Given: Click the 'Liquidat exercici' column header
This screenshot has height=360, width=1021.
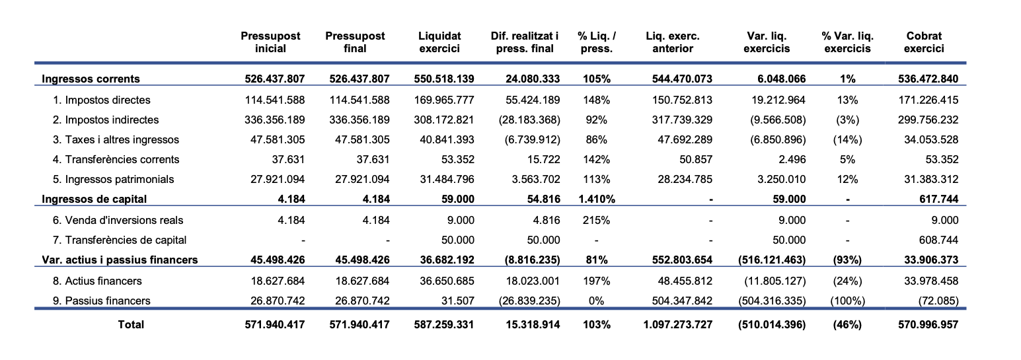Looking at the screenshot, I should [x=439, y=42].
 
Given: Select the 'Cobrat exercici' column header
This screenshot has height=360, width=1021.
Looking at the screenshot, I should [x=924, y=42].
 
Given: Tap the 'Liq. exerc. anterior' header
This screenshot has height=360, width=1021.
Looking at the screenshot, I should [x=672, y=42].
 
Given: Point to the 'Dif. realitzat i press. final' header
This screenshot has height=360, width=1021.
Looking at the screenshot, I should [x=525, y=42].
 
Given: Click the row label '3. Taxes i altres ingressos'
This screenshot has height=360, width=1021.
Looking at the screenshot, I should [x=116, y=139].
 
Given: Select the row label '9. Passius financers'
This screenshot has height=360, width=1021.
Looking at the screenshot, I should [x=101, y=301].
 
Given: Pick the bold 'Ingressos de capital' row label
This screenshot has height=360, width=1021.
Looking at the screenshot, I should [x=94, y=199].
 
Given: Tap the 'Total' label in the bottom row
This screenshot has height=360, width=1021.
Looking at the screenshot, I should [x=130, y=324].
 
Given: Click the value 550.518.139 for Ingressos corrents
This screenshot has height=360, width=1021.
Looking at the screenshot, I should [x=444, y=79].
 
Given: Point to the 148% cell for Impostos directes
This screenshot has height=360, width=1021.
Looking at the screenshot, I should [x=596, y=100].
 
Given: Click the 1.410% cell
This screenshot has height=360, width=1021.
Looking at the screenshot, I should [x=596, y=199].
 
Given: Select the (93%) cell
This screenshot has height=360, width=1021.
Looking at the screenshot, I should [x=847, y=260].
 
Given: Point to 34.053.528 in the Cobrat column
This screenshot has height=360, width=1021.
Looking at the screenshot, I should [x=930, y=139].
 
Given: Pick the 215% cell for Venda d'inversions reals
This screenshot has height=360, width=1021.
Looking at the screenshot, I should [x=596, y=220].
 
